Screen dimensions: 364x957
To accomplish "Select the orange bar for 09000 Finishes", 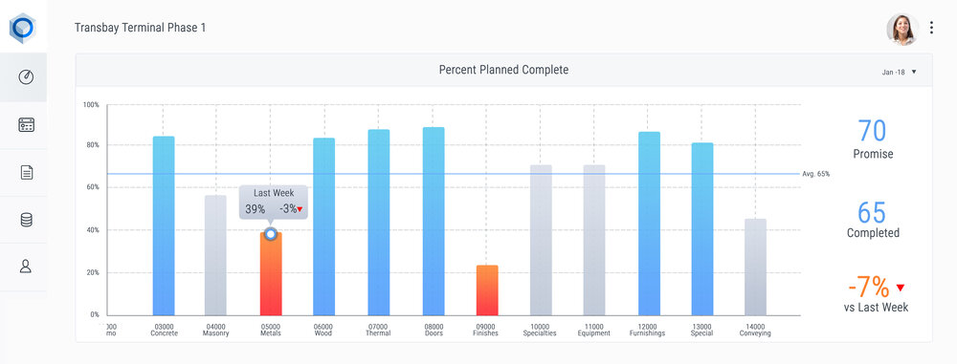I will tap(487, 290).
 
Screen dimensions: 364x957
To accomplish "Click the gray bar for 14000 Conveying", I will tap(756, 267).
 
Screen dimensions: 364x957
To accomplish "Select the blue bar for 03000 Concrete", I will tap(164, 225).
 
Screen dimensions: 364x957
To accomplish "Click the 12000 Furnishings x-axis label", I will tap(650, 330).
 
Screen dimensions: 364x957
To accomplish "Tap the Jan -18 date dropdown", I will tap(899, 72).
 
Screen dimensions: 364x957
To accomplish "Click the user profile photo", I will tap(901, 29).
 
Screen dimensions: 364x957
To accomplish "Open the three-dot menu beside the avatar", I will tap(931, 29).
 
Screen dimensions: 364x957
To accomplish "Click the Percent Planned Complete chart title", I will tap(503, 70).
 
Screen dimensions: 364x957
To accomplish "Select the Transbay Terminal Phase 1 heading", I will tap(140, 28).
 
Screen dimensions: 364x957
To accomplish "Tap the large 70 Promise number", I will tap(872, 131).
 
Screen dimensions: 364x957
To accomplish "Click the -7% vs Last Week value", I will tap(867, 286).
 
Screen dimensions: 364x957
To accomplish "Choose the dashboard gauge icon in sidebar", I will tap(26, 77).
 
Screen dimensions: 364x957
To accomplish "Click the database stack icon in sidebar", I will tap(26, 220).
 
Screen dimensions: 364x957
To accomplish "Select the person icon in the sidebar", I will tap(26, 267).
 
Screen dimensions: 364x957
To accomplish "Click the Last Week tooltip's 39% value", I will tap(256, 209).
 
